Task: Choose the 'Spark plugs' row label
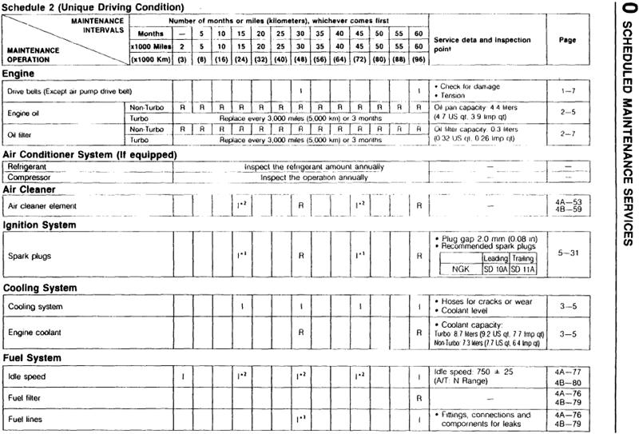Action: tap(30, 257)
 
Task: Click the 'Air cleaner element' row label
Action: tap(42, 205)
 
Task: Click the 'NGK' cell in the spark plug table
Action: tap(458, 270)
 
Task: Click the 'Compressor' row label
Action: tap(30, 177)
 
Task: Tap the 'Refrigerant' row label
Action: tap(29, 165)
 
